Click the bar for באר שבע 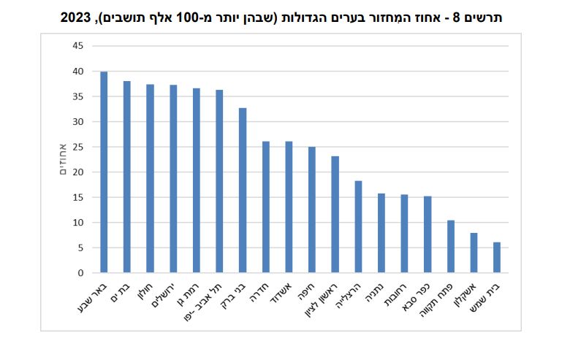(x=104, y=172)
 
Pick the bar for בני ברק (x=243, y=191)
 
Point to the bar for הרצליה (x=358, y=226)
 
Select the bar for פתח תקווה (x=451, y=246)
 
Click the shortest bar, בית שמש (x=497, y=257)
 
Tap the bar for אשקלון (x=474, y=253)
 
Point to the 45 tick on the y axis (x=77, y=46)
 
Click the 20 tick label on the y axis (x=77, y=172)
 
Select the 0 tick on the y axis (x=80, y=273)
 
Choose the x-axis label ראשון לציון (x=323, y=299)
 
